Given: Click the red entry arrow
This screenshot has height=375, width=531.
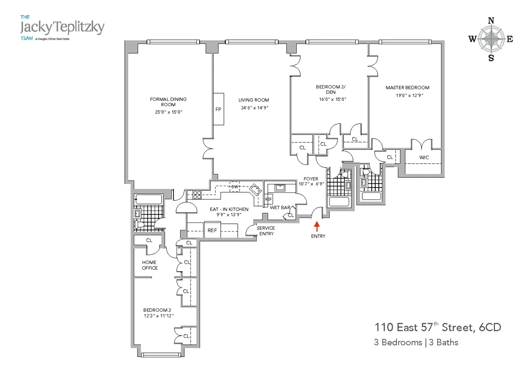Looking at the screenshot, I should coord(316,226).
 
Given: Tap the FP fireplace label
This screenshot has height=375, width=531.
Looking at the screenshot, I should coord(218,109).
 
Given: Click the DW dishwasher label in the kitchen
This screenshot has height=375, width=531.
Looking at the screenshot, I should coord(235,187).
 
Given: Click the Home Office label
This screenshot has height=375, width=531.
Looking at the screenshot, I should coord(149,265).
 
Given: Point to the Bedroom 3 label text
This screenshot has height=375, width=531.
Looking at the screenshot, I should coord(154,310).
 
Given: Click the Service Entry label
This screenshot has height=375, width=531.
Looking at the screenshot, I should coord(266,231).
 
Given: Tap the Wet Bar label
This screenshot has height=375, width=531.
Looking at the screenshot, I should coord(277,207).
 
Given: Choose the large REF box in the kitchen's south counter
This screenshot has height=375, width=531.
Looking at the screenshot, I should coord(212,230).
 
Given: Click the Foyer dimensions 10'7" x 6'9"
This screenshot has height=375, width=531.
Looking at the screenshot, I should coord(312,184).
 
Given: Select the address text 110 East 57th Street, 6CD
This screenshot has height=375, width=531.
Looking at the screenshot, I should coord(438,328).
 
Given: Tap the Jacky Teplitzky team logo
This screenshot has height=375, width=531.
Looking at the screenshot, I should coord(62,27).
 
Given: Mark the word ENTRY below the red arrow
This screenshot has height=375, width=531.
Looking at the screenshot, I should coord(318,236).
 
